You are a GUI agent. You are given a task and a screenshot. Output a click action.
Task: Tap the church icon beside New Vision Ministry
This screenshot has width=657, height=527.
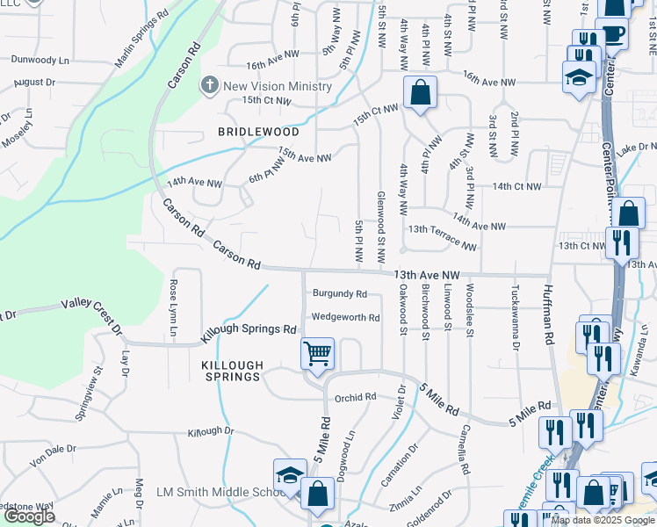coord(209,86)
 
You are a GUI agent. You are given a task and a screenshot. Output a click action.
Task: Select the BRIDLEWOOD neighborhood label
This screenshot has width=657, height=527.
coord(258,132)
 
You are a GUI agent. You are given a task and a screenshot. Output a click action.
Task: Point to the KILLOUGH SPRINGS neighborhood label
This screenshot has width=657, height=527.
coord(232,371)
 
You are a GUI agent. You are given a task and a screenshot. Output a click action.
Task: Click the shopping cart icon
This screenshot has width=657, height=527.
coord(317,354)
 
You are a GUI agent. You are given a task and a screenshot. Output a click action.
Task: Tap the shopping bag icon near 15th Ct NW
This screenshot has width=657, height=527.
coord(421,92)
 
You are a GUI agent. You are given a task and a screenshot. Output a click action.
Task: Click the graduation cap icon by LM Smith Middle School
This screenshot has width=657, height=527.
coord(289,475)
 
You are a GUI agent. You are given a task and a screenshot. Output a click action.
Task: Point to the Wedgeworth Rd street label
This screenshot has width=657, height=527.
coord(345,317)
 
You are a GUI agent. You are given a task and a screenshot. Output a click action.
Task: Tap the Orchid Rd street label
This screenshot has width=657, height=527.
coord(355,397)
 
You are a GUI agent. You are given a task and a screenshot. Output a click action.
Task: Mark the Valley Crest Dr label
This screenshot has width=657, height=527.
coord(91,316)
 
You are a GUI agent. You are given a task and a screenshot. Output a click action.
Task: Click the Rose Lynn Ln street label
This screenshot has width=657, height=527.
coord(173,307)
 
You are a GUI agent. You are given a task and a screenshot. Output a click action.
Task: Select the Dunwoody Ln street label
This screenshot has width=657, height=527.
coord(40,61)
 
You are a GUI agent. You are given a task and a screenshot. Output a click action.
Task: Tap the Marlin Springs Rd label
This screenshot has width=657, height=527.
coord(141,40)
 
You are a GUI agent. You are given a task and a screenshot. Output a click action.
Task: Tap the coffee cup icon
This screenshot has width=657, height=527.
coord(612,36)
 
